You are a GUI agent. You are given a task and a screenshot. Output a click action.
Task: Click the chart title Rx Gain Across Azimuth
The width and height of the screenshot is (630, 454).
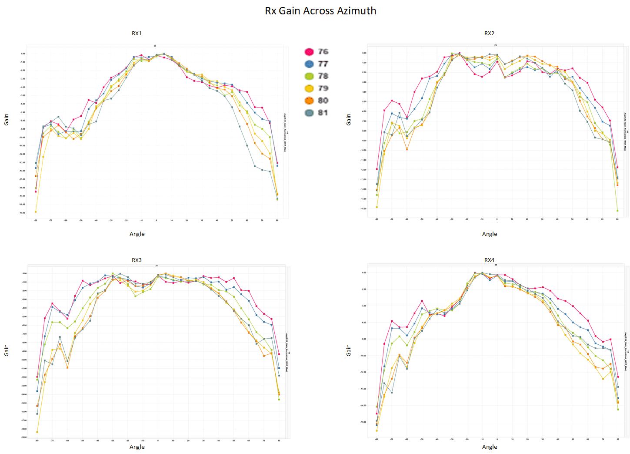point(320,11)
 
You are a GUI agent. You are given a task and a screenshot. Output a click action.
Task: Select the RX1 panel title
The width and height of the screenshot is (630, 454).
point(137,34)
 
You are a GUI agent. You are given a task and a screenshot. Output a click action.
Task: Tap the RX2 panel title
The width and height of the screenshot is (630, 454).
point(489,34)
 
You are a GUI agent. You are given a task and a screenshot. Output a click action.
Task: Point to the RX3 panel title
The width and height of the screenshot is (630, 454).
point(137,260)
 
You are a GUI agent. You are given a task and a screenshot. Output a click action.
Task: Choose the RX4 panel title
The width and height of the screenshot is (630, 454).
point(489,260)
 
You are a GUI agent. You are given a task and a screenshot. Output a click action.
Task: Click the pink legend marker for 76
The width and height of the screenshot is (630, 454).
point(309,52)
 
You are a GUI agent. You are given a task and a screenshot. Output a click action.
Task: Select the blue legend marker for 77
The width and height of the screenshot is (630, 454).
point(309,64)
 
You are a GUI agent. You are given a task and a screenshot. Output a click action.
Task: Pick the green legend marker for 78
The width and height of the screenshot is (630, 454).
point(309,76)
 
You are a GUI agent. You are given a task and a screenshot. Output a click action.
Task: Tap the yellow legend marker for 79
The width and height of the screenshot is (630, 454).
point(309,88)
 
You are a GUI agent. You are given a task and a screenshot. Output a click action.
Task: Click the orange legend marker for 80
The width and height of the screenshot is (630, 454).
point(309,101)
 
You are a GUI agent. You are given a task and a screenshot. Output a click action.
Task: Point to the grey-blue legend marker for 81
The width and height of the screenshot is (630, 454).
point(309,113)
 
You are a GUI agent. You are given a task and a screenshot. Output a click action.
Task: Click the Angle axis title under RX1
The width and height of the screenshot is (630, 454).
point(137,234)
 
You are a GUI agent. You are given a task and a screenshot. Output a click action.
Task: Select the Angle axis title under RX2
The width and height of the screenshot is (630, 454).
point(490,234)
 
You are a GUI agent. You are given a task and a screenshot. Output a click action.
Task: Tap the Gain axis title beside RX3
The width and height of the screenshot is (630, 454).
point(7,350)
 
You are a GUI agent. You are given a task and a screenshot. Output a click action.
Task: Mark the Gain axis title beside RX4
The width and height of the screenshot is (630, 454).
point(349,350)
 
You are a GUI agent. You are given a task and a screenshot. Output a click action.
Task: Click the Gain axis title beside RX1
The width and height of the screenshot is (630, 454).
point(7,120)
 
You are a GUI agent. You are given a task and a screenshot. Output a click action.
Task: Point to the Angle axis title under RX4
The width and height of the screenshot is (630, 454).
point(490,447)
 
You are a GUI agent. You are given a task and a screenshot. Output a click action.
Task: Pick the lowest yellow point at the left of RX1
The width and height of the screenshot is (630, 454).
point(36,212)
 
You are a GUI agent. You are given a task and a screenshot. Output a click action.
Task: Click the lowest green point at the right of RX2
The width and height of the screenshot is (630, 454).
point(617,211)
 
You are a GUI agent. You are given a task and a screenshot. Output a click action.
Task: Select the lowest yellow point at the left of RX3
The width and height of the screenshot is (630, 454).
point(37,432)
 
